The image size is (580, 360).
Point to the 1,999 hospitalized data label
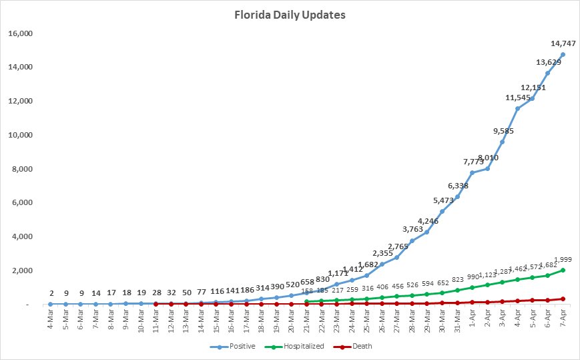(x=563, y=259)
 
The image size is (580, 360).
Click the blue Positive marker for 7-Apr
(x=563, y=55)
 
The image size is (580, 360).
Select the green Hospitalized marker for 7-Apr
(x=563, y=271)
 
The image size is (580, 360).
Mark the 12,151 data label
(x=535, y=87)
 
